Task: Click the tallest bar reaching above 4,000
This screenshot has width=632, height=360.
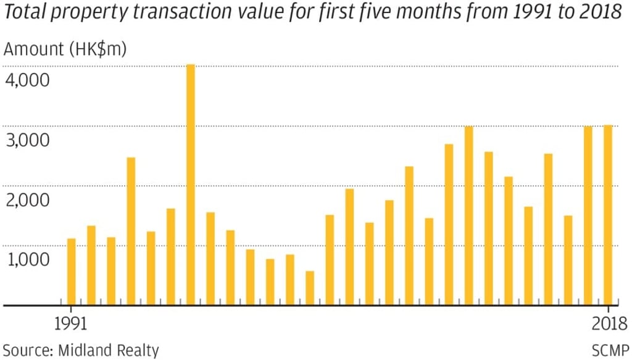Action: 190,185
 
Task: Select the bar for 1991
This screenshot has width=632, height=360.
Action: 71,272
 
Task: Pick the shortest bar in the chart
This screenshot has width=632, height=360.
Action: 310,288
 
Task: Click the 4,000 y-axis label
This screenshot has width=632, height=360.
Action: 27,81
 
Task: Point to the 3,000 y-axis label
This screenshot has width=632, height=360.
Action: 27,140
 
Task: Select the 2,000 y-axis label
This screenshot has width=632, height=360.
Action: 27,200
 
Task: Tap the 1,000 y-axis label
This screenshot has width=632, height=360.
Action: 27,260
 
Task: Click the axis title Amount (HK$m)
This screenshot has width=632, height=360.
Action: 65,49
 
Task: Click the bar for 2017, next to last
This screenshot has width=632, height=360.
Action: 588,216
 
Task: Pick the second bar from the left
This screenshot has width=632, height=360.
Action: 91,266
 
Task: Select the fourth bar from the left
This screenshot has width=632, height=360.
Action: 131,232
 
